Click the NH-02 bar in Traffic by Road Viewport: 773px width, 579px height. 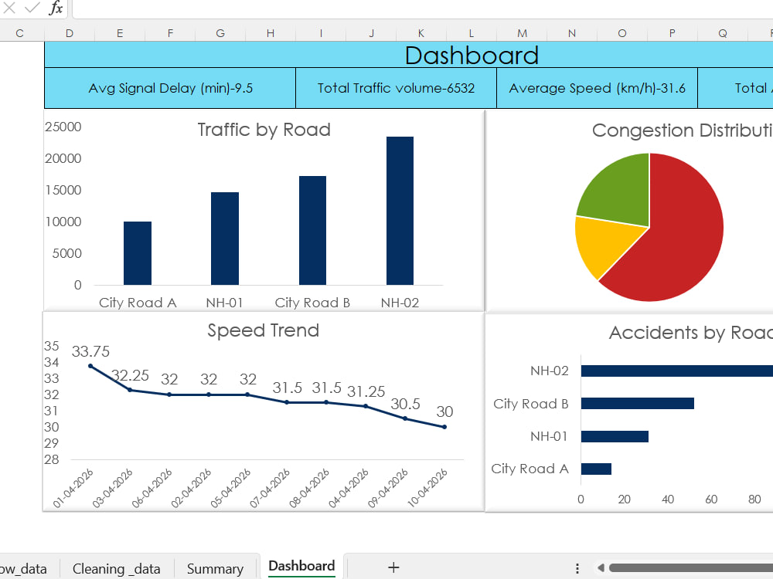tap(400, 211)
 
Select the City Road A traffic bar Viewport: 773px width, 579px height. tap(138, 253)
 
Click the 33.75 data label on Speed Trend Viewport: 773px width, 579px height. tap(90, 351)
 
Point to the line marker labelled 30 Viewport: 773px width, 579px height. tap(444, 427)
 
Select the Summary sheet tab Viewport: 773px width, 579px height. tap(215, 569)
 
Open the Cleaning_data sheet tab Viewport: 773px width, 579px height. tap(117, 569)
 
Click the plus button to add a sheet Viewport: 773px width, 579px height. tap(393, 567)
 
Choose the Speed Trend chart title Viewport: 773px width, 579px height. tap(264, 330)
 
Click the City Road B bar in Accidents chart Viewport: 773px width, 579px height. tap(638, 404)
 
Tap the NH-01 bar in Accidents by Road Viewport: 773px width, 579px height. tap(615, 436)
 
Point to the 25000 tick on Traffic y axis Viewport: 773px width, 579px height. tap(63, 127)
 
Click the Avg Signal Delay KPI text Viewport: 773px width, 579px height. tap(171, 88)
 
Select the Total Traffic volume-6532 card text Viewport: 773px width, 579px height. tap(396, 88)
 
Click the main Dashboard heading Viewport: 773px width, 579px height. tap(472, 55)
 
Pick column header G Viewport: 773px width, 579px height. tap(220, 33)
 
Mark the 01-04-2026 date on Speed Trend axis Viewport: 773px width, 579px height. tap(73, 488)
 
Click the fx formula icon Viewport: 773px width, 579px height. tap(56, 8)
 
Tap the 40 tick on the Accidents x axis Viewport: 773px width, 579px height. tap(668, 499)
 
